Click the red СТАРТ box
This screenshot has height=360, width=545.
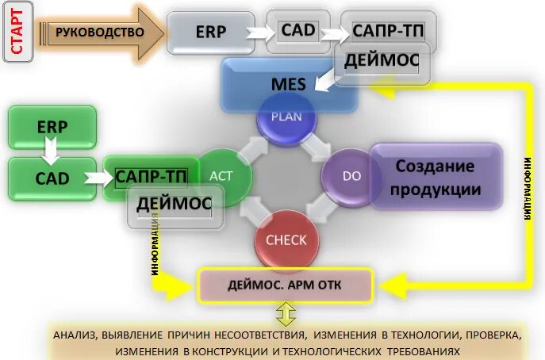click(17, 33)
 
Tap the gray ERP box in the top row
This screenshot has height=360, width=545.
click(210, 33)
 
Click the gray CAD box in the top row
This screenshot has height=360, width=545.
click(297, 31)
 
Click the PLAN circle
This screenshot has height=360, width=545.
click(286, 116)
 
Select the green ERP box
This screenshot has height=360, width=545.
click(52, 126)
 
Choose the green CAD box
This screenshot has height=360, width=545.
click(52, 178)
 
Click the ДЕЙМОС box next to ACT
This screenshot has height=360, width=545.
click(173, 205)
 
